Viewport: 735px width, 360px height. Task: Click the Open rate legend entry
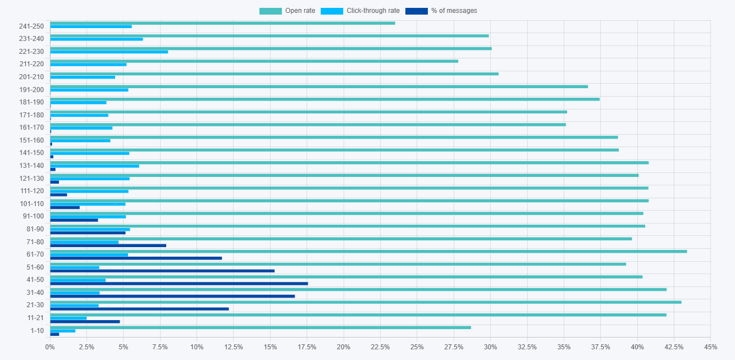pyautogui.click(x=287, y=11)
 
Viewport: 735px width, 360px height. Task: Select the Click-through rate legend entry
pyautogui.click(x=360, y=11)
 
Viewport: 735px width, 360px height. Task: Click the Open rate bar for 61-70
pyautogui.click(x=368, y=251)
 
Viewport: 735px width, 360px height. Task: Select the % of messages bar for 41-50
pyautogui.click(x=179, y=284)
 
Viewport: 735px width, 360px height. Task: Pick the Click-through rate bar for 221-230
pyautogui.click(x=109, y=52)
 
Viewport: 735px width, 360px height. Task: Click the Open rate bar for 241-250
pyautogui.click(x=222, y=23)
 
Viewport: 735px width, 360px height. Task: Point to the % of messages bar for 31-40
pyautogui.click(x=172, y=296)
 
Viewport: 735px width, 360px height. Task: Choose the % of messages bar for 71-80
pyautogui.click(x=108, y=245)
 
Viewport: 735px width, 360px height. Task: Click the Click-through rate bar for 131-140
pyautogui.click(x=94, y=166)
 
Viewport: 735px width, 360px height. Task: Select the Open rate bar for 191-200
pyautogui.click(x=319, y=86)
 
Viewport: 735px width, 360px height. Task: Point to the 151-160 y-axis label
pyautogui.click(x=31, y=140)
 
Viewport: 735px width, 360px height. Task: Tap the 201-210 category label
pyautogui.click(x=31, y=77)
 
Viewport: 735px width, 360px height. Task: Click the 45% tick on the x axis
pyautogui.click(x=710, y=347)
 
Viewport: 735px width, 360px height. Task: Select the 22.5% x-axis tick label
pyautogui.click(x=380, y=347)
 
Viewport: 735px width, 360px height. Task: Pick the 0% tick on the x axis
pyautogui.click(x=50, y=347)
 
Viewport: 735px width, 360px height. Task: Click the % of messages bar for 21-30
pyautogui.click(x=139, y=309)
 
